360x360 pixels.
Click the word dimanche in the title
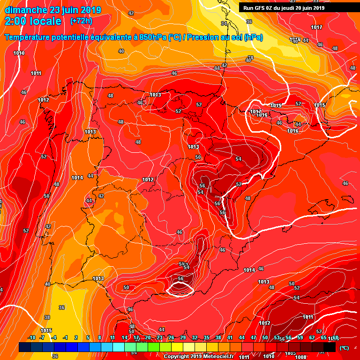point(26,9)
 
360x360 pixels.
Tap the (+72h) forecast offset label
point(81,21)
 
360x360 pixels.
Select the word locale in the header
point(46,21)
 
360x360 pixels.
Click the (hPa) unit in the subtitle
point(254,37)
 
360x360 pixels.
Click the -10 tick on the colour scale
point(31,338)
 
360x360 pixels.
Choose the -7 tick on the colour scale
point(42,338)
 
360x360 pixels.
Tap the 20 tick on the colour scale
point(148,338)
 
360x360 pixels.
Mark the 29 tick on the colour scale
point(183,338)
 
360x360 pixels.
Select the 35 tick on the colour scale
point(207,338)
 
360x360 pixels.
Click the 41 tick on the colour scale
point(230,338)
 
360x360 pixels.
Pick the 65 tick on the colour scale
point(324,338)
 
